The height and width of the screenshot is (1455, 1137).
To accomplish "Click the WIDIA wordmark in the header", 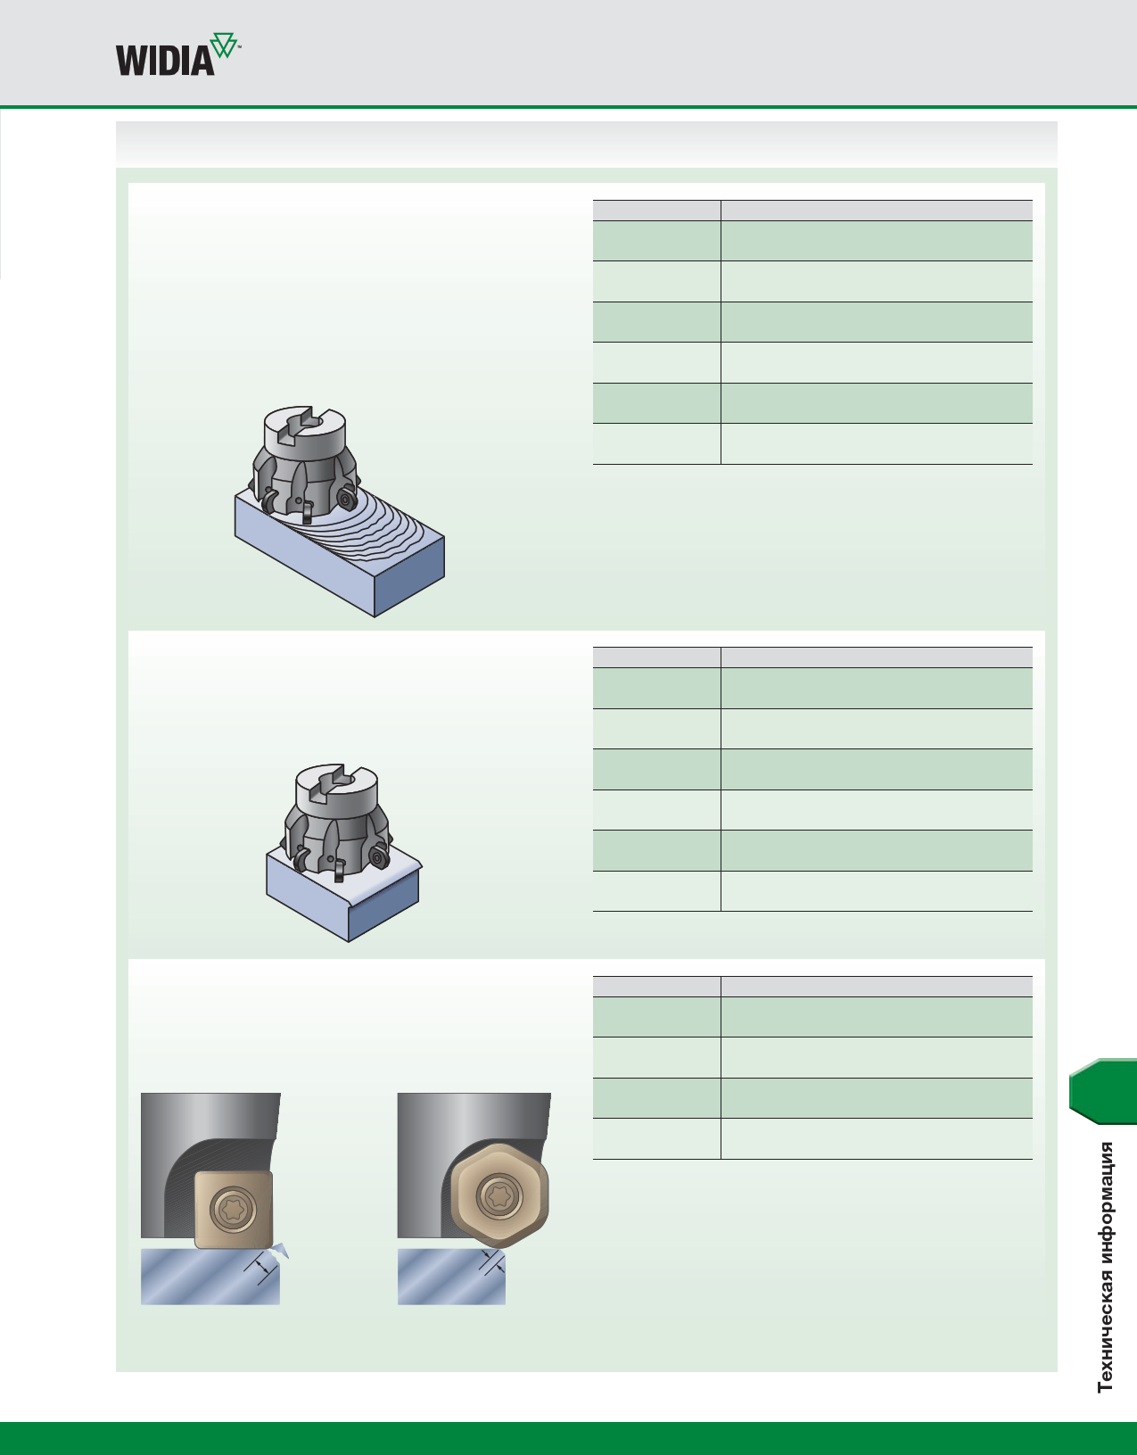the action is (165, 61).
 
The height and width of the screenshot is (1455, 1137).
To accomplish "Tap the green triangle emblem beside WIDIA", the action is (224, 45).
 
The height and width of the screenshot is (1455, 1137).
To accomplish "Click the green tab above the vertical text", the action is (1103, 1091).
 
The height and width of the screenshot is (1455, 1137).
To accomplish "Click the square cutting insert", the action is (233, 1210).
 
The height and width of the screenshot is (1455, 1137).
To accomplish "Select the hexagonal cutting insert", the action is (499, 1196).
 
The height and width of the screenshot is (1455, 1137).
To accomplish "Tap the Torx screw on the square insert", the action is (233, 1210).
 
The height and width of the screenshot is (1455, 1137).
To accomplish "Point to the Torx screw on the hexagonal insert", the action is (500, 1196).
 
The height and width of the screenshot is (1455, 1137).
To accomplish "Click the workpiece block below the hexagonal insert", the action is (452, 1277).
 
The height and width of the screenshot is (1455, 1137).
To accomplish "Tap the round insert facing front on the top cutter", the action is (346, 498).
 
